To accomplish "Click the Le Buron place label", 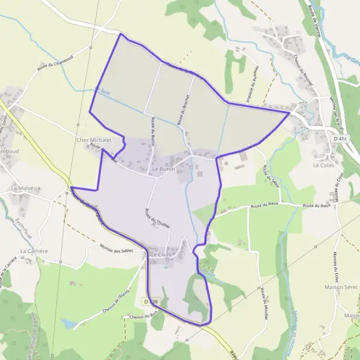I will point(163,169).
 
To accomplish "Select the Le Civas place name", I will point(161,254).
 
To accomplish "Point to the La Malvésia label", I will point(26,188).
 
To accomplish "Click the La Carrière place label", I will point(34,250).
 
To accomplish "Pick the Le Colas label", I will point(323,164).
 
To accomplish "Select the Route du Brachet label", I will point(184,109).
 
